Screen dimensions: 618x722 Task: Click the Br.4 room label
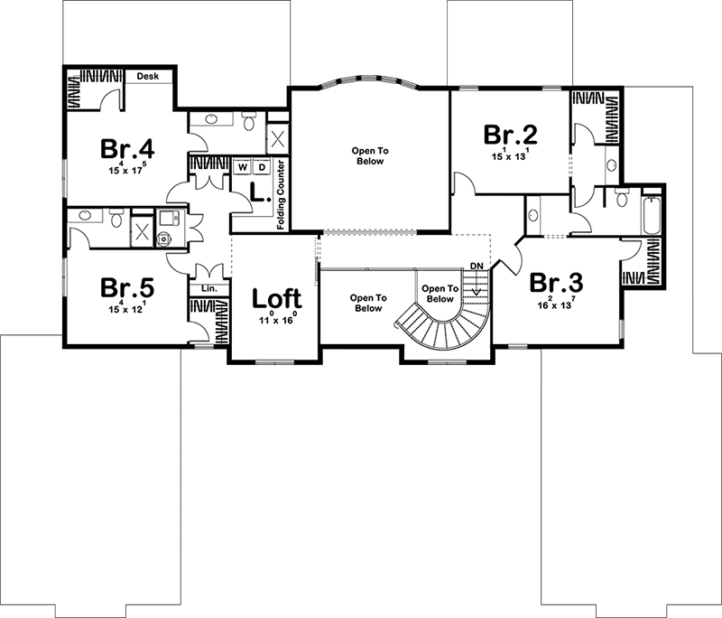pyautogui.click(x=127, y=148)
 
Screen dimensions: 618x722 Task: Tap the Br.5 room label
pyautogui.click(x=127, y=288)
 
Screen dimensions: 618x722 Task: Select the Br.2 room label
pyautogui.click(x=512, y=135)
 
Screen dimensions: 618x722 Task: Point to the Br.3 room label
pyautogui.click(x=556, y=283)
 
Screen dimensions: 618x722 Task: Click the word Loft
pyautogui.click(x=278, y=297)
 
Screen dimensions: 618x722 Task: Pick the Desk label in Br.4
pyautogui.click(x=148, y=77)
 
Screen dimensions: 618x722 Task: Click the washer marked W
pyautogui.click(x=243, y=168)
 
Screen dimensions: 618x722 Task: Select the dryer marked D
pyautogui.click(x=262, y=168)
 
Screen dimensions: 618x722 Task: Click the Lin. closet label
pyautogui.click(x=208, y=288)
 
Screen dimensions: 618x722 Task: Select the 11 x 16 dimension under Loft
pyautogui.click(x=278, y=319)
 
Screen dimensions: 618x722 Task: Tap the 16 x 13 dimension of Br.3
pyautogui.click(x=556, y=304)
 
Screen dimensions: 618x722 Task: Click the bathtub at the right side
pyautogui.click(x=653, y=213)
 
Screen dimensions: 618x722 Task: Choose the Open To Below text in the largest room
pyautogui.click(x=368, y=155)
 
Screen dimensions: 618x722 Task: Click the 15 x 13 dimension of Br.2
pyautogui.click(x=512, y=156)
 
